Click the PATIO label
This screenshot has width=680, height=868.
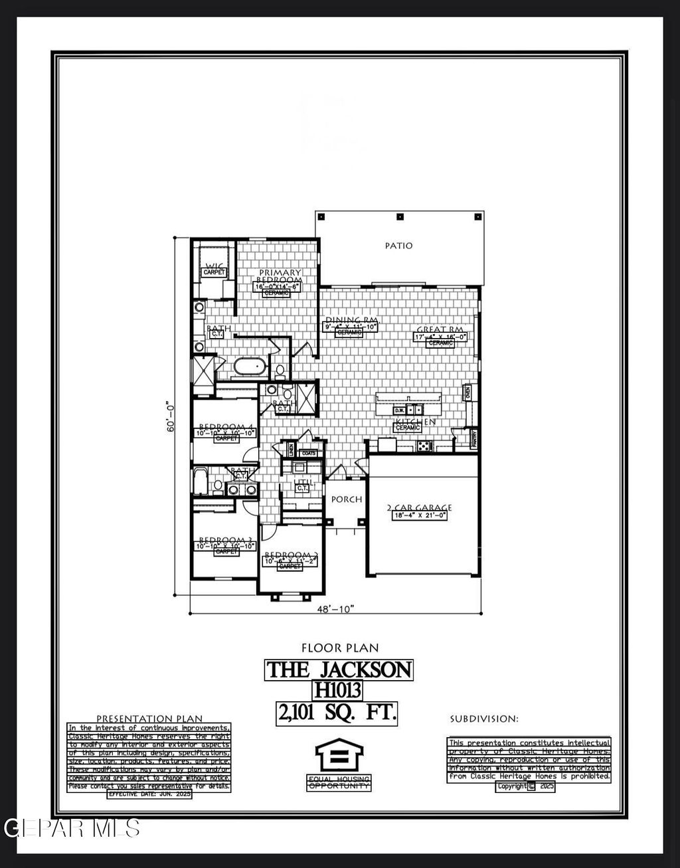398,246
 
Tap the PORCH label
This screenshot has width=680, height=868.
347,499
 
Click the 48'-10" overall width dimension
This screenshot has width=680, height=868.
335,609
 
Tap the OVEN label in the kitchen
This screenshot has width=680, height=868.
467,392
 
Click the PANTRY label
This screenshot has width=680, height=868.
473,438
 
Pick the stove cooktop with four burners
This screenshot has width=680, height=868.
422,446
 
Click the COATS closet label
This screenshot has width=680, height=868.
309,453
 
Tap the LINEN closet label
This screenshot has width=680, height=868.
290,450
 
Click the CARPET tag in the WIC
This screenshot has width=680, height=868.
214,272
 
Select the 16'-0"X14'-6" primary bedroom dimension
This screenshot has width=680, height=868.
280,286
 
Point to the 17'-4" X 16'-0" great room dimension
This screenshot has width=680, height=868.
441,337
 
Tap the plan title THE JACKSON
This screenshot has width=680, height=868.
339,669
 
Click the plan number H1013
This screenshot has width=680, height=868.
338,691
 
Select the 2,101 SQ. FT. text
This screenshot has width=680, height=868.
337,713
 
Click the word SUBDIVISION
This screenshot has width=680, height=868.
483,719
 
